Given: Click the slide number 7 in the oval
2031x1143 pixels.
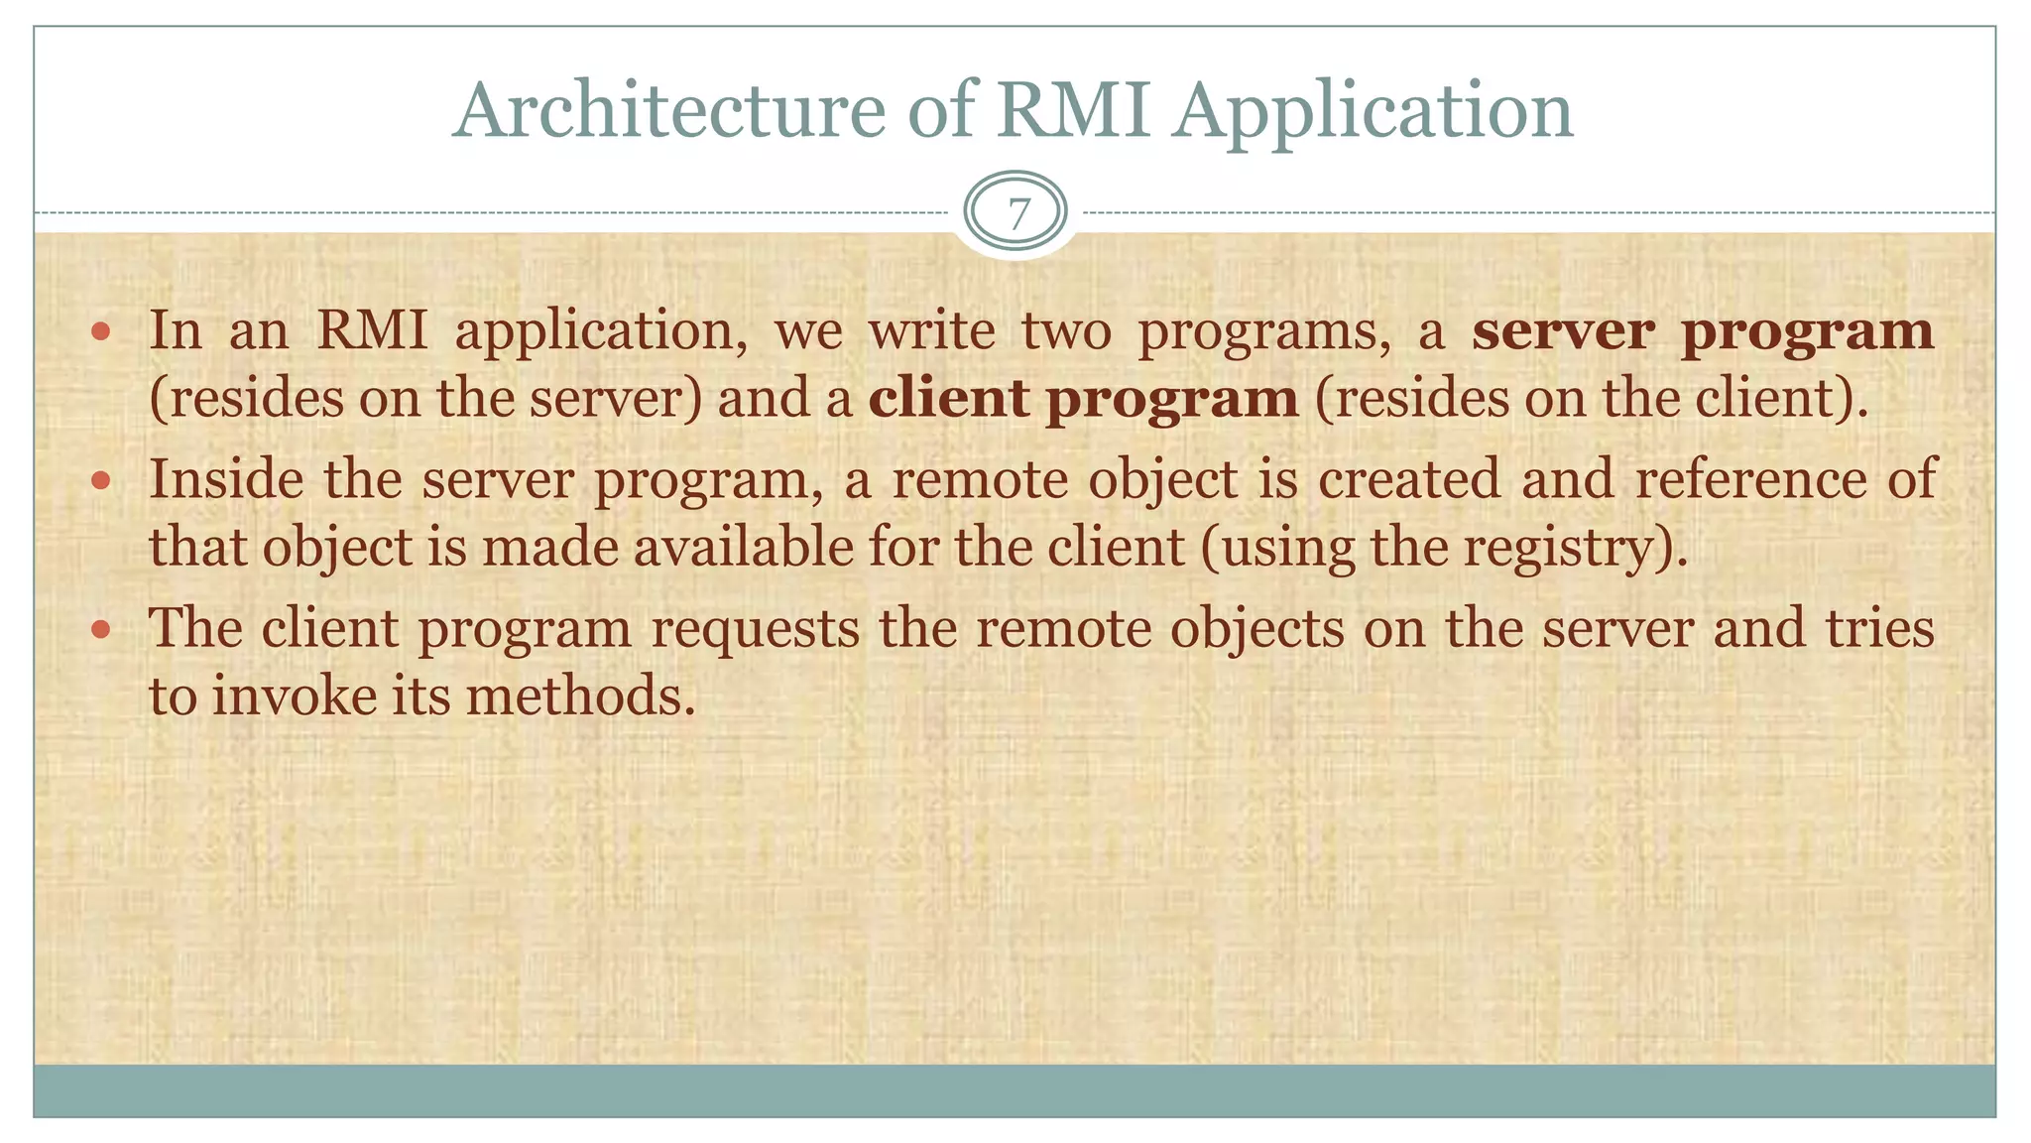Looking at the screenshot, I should click(x=1016, y=213).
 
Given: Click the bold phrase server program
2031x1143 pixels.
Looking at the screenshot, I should click(x=1702, y=331).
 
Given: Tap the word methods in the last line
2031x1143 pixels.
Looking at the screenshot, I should click(x=579, y=696).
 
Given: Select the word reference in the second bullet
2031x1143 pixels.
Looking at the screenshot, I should click(x=1750, y=480).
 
